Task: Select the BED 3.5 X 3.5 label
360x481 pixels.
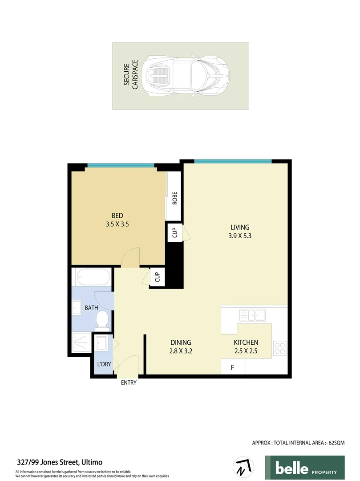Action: click(x=117, y=220)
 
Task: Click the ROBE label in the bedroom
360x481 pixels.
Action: click(x=174, y=198)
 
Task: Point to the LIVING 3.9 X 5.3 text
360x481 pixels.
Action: click(x=240, y=232)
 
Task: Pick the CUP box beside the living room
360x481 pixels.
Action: click(x=174, y=232)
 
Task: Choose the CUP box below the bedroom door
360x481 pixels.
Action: click(x=157, y=277)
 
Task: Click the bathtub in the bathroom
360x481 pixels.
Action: click(x=93, y=277)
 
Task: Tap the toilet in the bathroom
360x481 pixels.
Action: click(x=102, y=318)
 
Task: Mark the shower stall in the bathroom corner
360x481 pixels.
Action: click(x=82, y=343)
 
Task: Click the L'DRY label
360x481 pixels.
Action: click(x=104, y=364)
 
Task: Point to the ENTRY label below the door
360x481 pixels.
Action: click(x=129, y=383)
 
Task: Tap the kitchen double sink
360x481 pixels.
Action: click(x=252, y=315)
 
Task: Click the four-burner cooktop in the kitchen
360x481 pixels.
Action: click(x=279, y=348)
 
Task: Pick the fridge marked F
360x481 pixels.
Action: click(x=232, y=367)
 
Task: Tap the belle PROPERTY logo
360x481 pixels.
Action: click(x=304, y=468)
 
